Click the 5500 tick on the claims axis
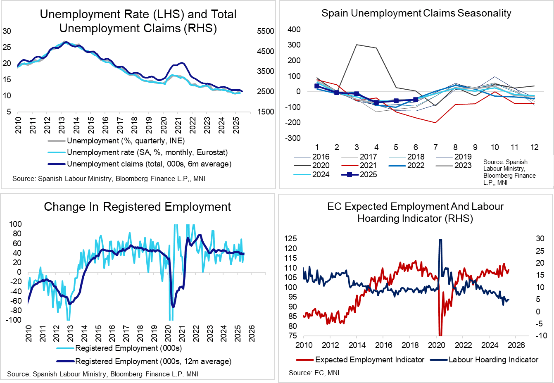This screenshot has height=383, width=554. [265, 31]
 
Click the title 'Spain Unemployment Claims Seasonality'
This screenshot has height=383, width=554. [416, 13]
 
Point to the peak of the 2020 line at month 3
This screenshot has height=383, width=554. [357, 45]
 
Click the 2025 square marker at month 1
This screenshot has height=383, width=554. [317, 86]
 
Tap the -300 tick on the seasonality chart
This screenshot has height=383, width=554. [292, 138]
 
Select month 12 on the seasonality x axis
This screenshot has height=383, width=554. [534, 147]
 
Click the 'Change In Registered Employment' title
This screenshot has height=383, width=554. [138, 207]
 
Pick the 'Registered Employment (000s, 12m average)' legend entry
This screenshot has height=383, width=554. [153, 362]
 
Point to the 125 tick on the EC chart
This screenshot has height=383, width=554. [291, 239]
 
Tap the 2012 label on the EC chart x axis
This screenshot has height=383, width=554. [330, 345]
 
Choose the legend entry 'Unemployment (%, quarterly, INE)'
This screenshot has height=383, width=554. [126, 141]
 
